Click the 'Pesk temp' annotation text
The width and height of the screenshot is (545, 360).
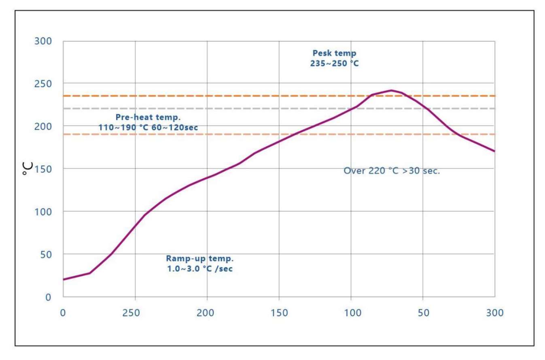(x=334, y=53)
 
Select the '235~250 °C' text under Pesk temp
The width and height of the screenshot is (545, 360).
(x=334, y=63)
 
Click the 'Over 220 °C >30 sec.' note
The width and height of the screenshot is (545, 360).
(x=391, y=171)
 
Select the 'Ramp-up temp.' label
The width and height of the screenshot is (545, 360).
(x=200, y=258)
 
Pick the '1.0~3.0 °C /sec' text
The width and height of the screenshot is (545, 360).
(x=200, y=268)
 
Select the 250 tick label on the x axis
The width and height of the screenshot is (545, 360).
(x=135, y=313)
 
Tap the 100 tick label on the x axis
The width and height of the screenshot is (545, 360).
(x=351, y=313)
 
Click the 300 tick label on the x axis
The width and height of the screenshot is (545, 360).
(x=495, y=313)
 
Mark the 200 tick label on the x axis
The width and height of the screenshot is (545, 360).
(x=207, y=313)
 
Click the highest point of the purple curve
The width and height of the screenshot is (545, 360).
(x=391, y=90)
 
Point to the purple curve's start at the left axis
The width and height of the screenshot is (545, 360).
(x=64, y=279)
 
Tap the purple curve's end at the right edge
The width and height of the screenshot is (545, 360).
(x=494, y=151)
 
